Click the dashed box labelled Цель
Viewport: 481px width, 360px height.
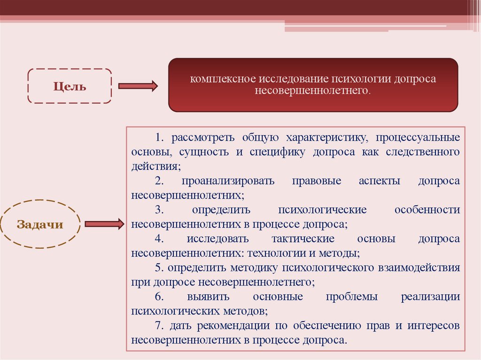pyautogui.click(x=70, y=86)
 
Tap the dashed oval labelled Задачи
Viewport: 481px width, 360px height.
pyautogui.click(x=40, y=224)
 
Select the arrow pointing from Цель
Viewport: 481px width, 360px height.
pyautogui.click(x=138, y=86)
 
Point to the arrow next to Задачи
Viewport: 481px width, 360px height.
pyautogui.click(x=104, y=224)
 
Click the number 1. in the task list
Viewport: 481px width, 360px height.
pyautogui.click(x=160, y=138)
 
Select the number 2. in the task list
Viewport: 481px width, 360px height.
pyautogui.click(x=160, y=181)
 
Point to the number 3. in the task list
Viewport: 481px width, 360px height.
pyautogui.click(x=160, y=210)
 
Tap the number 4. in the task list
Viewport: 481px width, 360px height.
pyautogui.click(x=160, y=239)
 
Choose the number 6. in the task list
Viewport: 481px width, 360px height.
pyautogui.click(x=160, y=297)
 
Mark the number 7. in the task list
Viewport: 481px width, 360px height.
pyautogui.click(x=160, y=325)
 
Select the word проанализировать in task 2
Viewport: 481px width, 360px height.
pyautogui.click(x=228, y=181)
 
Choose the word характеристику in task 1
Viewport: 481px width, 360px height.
pyautogui.click(x=325, y=138)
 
